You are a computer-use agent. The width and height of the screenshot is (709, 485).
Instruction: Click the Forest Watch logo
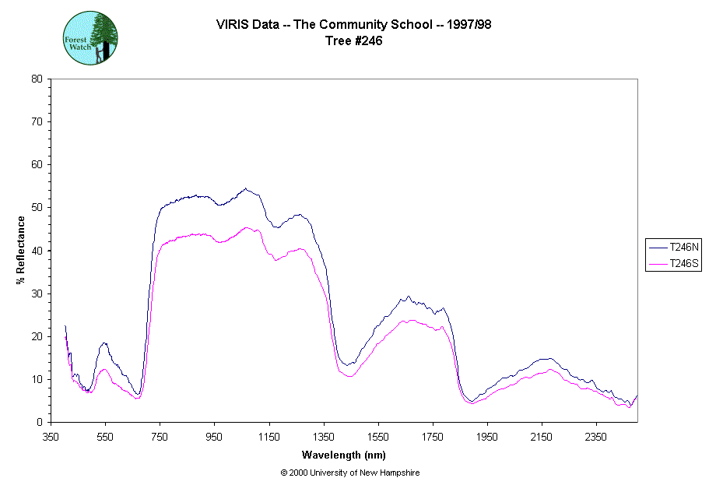[91, 37]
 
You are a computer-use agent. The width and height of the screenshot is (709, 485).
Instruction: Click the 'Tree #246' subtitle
[353, 41]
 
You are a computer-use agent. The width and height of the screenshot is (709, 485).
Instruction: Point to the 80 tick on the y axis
[37, 79]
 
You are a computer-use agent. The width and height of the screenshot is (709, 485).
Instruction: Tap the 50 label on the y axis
[37, 208]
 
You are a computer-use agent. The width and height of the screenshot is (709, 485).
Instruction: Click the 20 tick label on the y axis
[37, 336]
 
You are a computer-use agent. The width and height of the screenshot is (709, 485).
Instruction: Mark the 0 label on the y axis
[40, 423]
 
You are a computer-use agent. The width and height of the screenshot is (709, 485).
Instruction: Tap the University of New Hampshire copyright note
[350, 473]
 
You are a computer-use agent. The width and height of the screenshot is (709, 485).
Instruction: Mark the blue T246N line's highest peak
[246, 188]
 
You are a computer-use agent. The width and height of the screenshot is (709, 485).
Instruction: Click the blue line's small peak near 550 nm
[104, 343]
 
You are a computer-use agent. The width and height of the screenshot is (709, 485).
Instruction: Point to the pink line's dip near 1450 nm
[350, 376]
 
